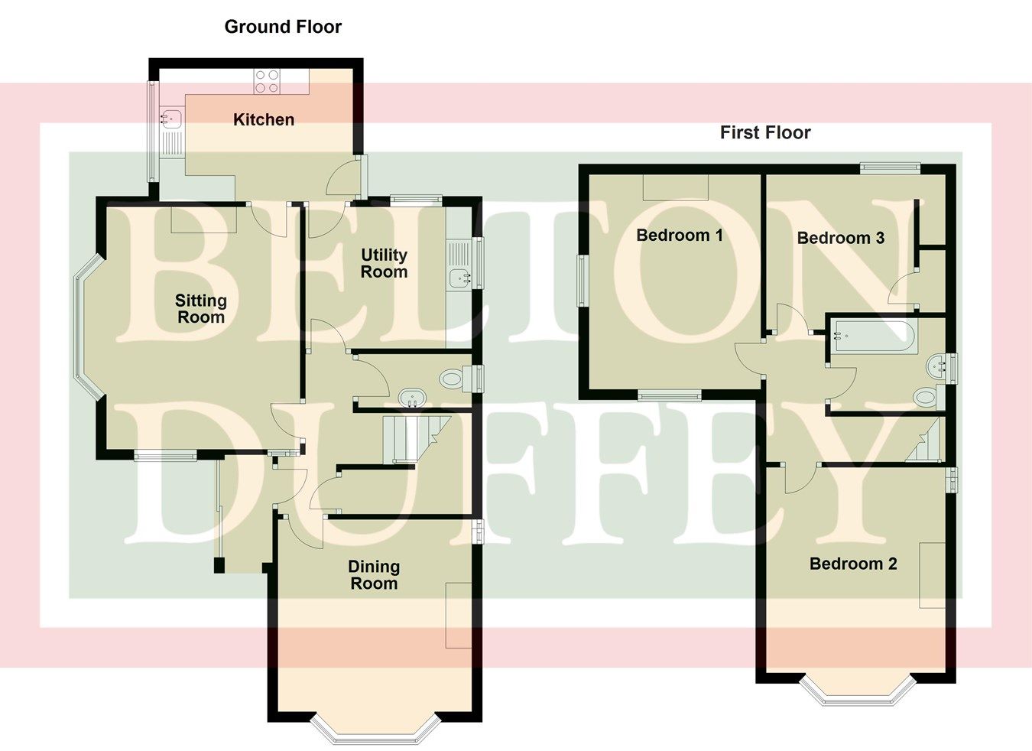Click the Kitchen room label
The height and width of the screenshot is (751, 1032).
(263, 119)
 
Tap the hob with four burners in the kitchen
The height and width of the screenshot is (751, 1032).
(267, 81)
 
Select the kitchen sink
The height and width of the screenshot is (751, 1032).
(170, 118)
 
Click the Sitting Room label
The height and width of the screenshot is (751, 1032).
(200, 308)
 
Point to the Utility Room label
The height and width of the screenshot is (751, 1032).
(384, 263)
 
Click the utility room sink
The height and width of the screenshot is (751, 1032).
(461, 278)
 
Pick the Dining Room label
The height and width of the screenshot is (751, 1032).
(373, 574)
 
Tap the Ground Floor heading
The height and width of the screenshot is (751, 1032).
(283, 27)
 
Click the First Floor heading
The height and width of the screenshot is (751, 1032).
(765, 132)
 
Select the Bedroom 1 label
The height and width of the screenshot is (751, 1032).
(679, 235)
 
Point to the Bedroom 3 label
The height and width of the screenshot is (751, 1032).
(840, 238)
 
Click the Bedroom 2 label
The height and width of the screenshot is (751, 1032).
(853, 564)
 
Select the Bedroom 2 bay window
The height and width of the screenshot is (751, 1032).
(857, 691)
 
